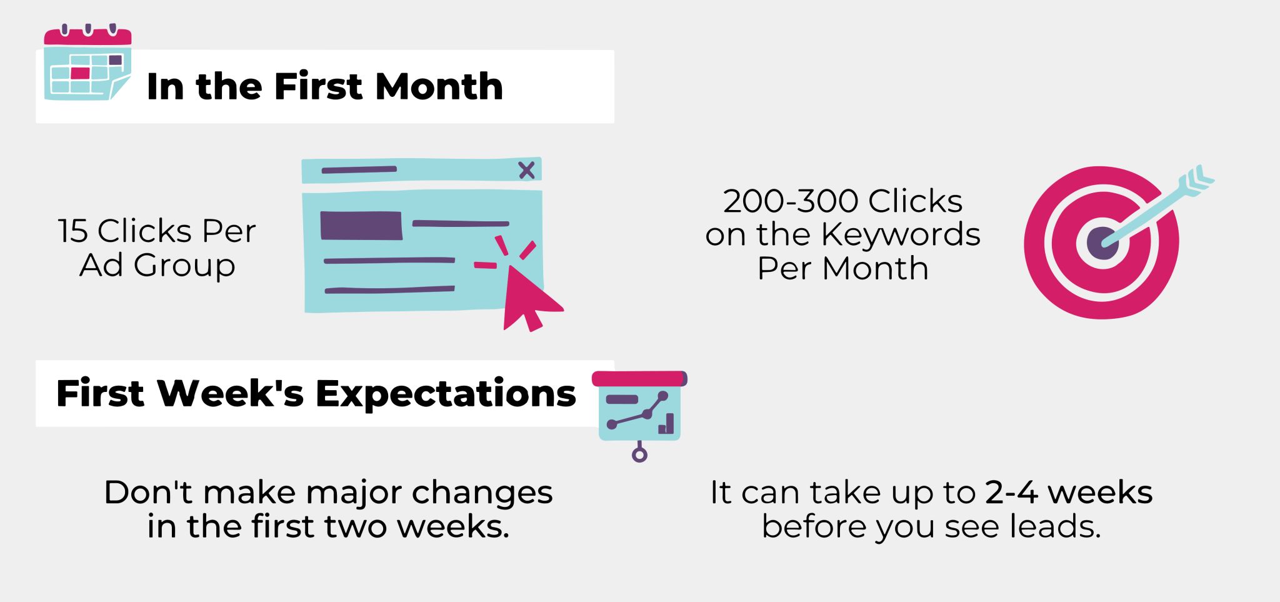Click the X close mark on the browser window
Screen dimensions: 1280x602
click(527, 169)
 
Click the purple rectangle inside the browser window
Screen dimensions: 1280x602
click(361, 226)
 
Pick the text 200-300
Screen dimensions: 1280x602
click(790, 201)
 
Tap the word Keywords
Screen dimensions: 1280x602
click(900, 235)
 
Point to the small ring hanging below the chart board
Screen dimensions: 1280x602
click(639, 454)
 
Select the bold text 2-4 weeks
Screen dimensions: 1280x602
click(1069, 492)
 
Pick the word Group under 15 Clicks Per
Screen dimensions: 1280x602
click(184, 266)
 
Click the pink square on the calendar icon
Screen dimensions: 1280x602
click(80, 73)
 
